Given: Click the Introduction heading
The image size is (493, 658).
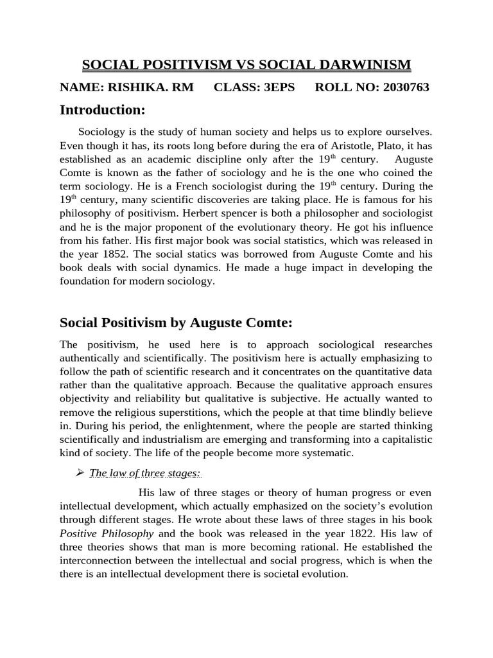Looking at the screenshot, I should point(103,111).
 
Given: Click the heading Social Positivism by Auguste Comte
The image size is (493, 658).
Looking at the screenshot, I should point(177,322).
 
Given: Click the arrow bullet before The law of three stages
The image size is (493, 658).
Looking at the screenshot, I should point(80,473).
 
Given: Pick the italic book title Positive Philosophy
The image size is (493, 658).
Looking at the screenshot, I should point(107,533).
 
